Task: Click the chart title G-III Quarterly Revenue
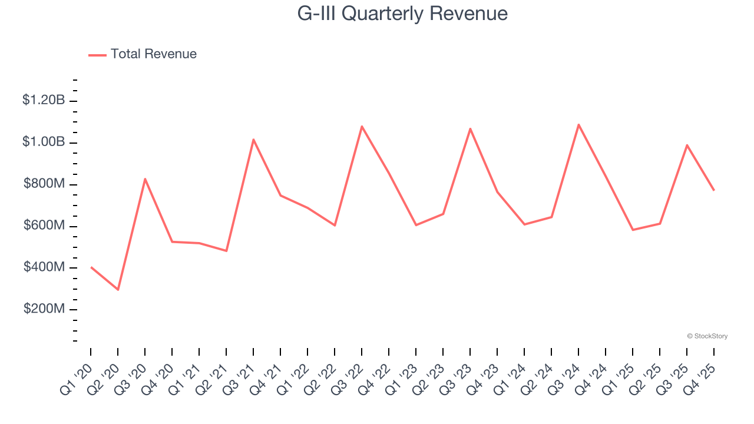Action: [402, 14]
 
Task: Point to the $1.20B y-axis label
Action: [44, 100]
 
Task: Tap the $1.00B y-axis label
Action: [44, 142]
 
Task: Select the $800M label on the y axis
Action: [44, 184]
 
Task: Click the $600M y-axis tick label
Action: [44, 226]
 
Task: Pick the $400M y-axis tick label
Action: [44, 267]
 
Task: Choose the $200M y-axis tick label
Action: [44, 309]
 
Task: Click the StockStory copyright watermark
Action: [707, 336]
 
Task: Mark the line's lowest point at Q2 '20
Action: [118, 290]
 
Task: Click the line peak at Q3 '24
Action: [578, 124]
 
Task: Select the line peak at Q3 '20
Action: [145, 178]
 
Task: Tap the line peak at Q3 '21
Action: [253, 140]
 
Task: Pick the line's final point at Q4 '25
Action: [714, 190]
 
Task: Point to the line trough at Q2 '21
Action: [226, 251]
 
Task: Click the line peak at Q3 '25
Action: [687, 145]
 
